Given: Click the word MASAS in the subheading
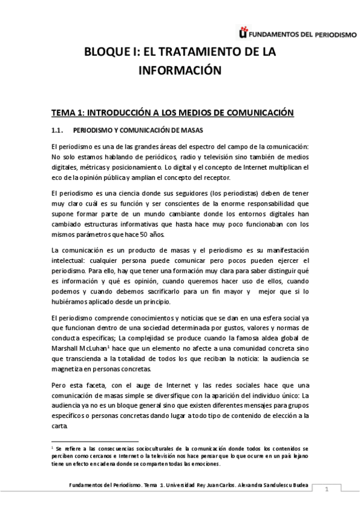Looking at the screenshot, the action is tap(190, 131).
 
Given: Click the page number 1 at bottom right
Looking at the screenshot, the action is tap(326, 491).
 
